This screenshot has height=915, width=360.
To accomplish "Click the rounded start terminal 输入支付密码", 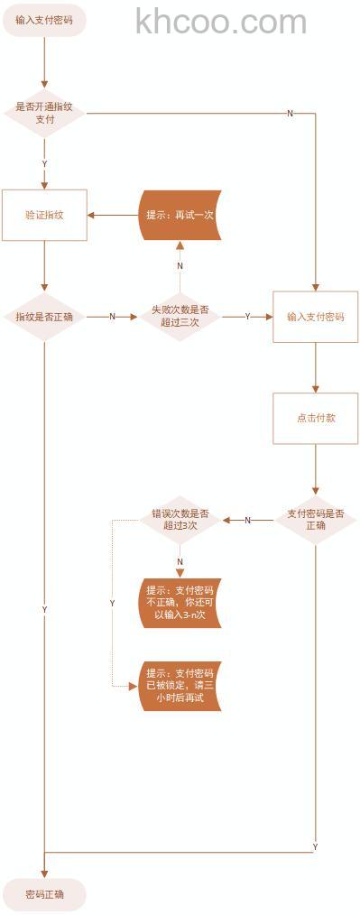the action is click(x=44, y=19).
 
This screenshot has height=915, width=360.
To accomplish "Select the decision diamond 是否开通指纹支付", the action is click(x=44, y=113).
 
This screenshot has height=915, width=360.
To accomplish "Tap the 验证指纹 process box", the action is click(x=44, y=215).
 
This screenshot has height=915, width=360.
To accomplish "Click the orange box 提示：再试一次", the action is click(x=180, y=215).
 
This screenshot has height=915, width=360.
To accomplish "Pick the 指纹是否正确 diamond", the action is click(x=44, y=317).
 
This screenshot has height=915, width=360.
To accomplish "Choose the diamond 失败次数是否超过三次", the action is click(x=180, y=316).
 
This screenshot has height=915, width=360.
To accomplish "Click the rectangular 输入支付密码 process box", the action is click(x=316, y=317).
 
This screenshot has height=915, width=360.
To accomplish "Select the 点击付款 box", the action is click(x=316, y=418).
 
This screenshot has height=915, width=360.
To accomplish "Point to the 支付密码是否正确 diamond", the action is click(x=316, y=520).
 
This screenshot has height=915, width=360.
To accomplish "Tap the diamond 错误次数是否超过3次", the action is click(x=180, y=520).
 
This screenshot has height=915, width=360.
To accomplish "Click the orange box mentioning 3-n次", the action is click(x=180, y=603).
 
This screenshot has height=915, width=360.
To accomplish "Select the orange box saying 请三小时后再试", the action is click(x=180, y=686).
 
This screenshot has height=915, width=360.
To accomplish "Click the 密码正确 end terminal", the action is click(x=44, y=894).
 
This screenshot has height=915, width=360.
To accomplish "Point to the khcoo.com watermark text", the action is click(x=221, y=22).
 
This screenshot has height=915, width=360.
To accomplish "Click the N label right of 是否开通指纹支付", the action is click(x=290, y=113).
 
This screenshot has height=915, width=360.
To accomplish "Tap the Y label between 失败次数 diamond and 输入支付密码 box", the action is click(x=247, y=317).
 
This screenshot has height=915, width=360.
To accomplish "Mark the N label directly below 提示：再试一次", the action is click(x=180, y=266).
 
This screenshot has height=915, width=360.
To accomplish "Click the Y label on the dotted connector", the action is click(x=112, y=602).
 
